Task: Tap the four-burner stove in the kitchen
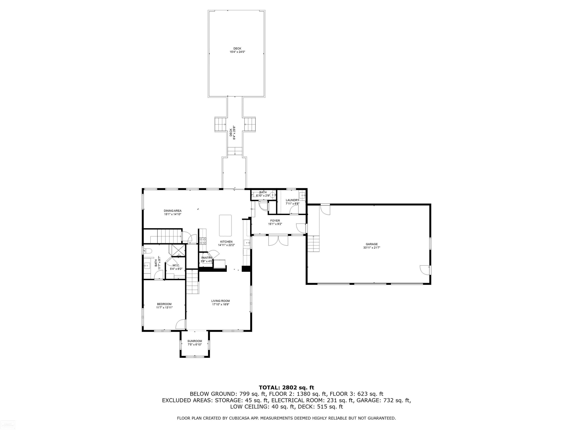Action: click(203, 241)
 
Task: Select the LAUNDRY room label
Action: click(292, 200)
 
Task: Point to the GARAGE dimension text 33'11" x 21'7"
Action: click(372, 247)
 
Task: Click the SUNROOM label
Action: click(195, 341)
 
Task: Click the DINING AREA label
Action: click(172, 211)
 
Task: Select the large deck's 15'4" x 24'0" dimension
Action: click(237, 52)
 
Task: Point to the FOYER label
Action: click(275, 221)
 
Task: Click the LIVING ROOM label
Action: click(220, 301)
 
